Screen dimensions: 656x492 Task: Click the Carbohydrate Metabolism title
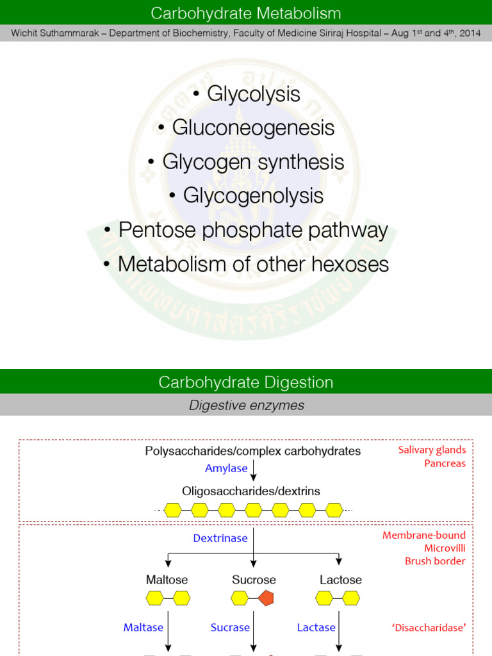(x=246, y=13)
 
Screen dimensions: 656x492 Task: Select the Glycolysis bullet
(x=246, y=94)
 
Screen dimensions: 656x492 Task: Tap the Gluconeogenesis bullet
(x=246, y=127)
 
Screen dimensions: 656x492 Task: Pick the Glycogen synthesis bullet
(x=246, y=161)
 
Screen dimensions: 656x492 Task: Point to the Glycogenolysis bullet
(x=246, y=195)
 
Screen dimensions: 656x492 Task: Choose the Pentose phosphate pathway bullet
(x=246, y=230)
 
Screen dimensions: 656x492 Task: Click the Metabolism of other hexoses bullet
(x=246, y=264)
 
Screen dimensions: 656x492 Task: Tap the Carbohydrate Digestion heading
(x=246, y=382)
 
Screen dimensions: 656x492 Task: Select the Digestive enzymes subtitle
(x=246, y=405)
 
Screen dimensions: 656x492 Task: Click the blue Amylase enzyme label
(x=226, y=468)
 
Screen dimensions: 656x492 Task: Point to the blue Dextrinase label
(x=220, y=538)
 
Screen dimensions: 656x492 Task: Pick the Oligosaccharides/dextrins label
(x=251, y=491)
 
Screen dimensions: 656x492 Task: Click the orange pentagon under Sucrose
(x=266, y=598)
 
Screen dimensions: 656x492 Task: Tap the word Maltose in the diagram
(x=167, y=580)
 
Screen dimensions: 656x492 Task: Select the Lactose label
(x=341, y=580)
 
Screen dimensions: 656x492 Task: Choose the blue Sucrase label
(x=230, y=628)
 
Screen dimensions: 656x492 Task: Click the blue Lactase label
(x=316, y=628)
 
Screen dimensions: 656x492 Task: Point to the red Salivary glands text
(x=432, y=450)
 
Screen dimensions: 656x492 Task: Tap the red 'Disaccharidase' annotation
(x=429, y=628)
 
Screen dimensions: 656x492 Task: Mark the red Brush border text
(x=435, y=561)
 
